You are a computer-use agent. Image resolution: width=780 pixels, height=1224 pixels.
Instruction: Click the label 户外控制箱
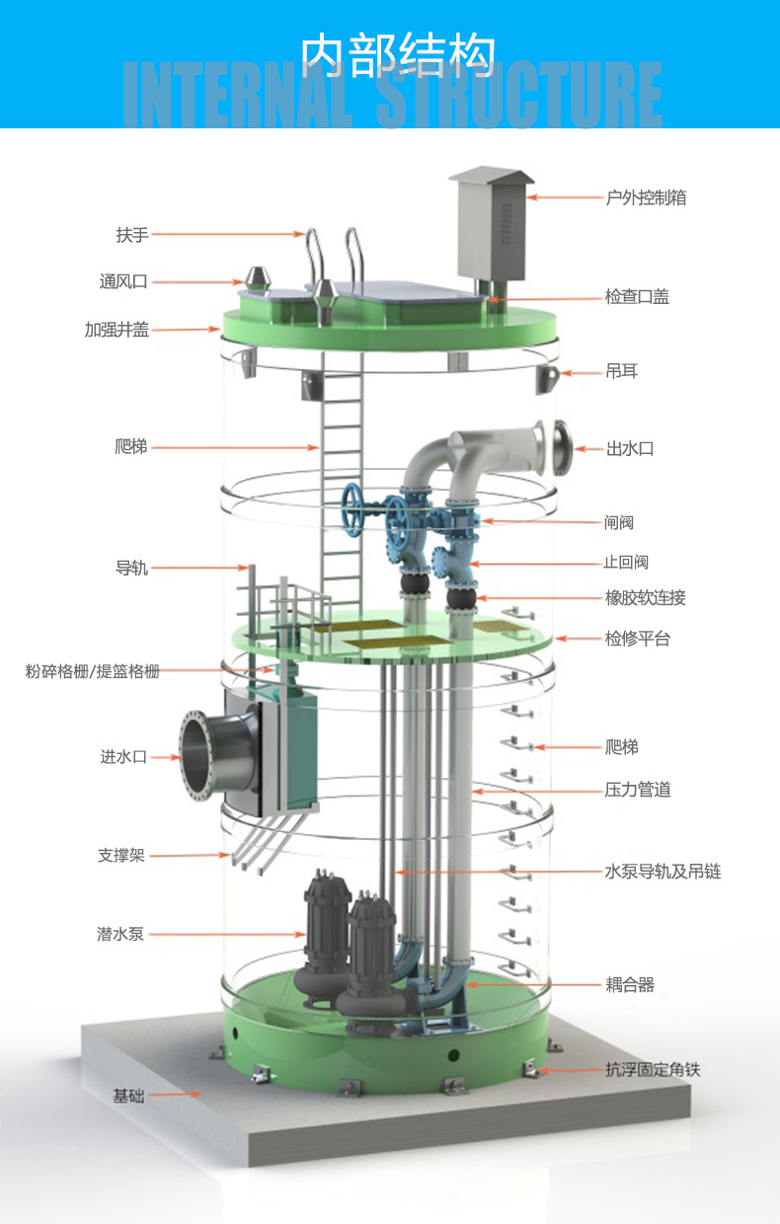pos(646,197)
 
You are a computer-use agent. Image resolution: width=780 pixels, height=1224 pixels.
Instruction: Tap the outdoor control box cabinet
pos(491,224)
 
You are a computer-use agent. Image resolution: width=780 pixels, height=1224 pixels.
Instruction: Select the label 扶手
pos(132,235)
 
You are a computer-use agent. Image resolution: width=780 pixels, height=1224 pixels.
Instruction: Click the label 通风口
pos(123,281)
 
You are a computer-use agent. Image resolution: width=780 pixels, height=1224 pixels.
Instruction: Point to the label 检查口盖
pos(638,297)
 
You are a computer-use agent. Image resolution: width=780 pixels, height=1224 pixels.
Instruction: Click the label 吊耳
pos(621,371)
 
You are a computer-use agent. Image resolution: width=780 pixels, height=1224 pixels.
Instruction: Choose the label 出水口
pos(630,448)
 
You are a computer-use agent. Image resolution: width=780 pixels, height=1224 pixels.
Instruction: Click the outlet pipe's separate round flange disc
pos(562,447)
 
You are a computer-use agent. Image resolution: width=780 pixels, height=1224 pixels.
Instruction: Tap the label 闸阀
pos(619,522)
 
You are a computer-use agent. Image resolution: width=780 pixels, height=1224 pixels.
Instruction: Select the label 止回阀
pos(626,562)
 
